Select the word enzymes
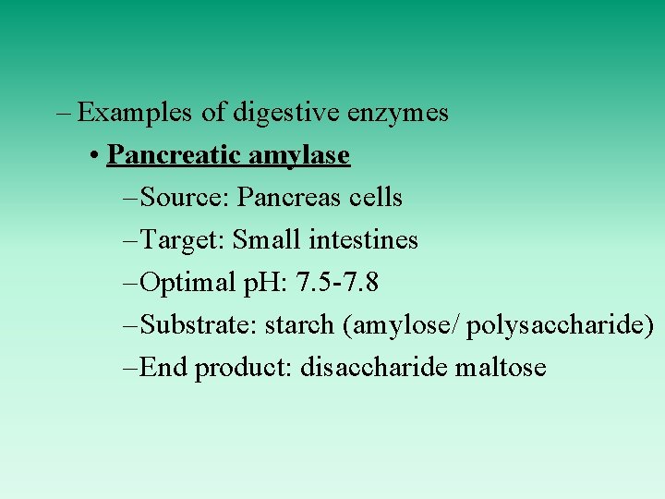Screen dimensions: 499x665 (x=398, y=113)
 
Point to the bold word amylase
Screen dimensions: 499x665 (x=297, y=155)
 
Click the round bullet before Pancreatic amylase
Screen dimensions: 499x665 (x=96, y=155)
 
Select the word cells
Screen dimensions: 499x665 (x=374, y=198)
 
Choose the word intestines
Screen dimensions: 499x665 (x=363, y=240)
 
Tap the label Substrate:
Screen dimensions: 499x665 (x=200, y=325)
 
